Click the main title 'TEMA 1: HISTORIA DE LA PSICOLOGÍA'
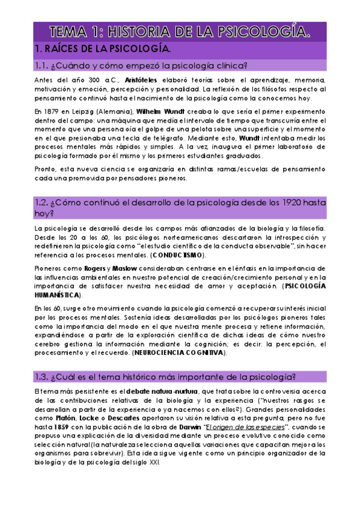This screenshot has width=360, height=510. [180, 31]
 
